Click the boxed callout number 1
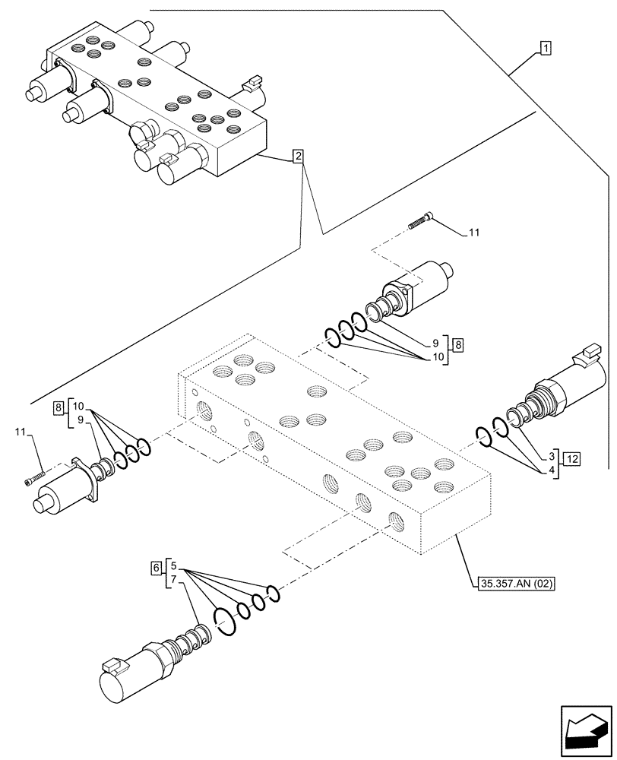(546, 47)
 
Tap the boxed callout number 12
(572, 458)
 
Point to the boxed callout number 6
(157, 567)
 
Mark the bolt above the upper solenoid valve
(420, 221)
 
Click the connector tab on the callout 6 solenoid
(111, 665)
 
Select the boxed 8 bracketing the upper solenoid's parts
(459, 344)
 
